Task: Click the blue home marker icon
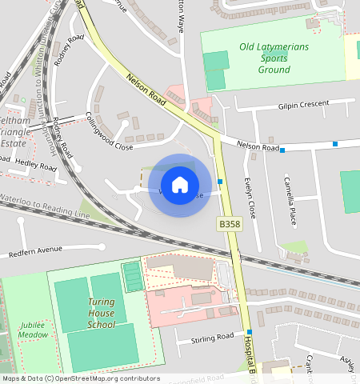(x=180, y=184)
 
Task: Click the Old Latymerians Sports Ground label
(x=274, y=58)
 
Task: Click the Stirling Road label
(x=213, y=338)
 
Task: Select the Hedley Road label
(x=36, y=166)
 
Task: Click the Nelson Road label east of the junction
(x=258, y=146)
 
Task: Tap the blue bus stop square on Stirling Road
(x=250, y=332)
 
